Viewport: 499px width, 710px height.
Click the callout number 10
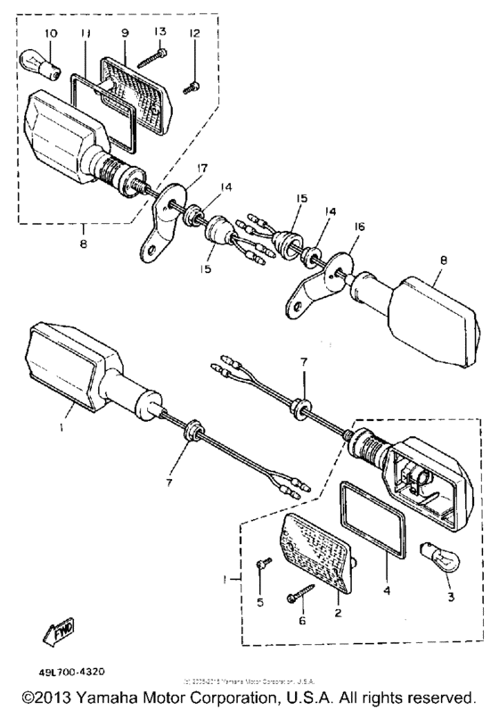[x=50, y=33]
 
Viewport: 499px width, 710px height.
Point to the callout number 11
[x=86, y=33]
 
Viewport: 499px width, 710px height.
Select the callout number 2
[x=337, y=614]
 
